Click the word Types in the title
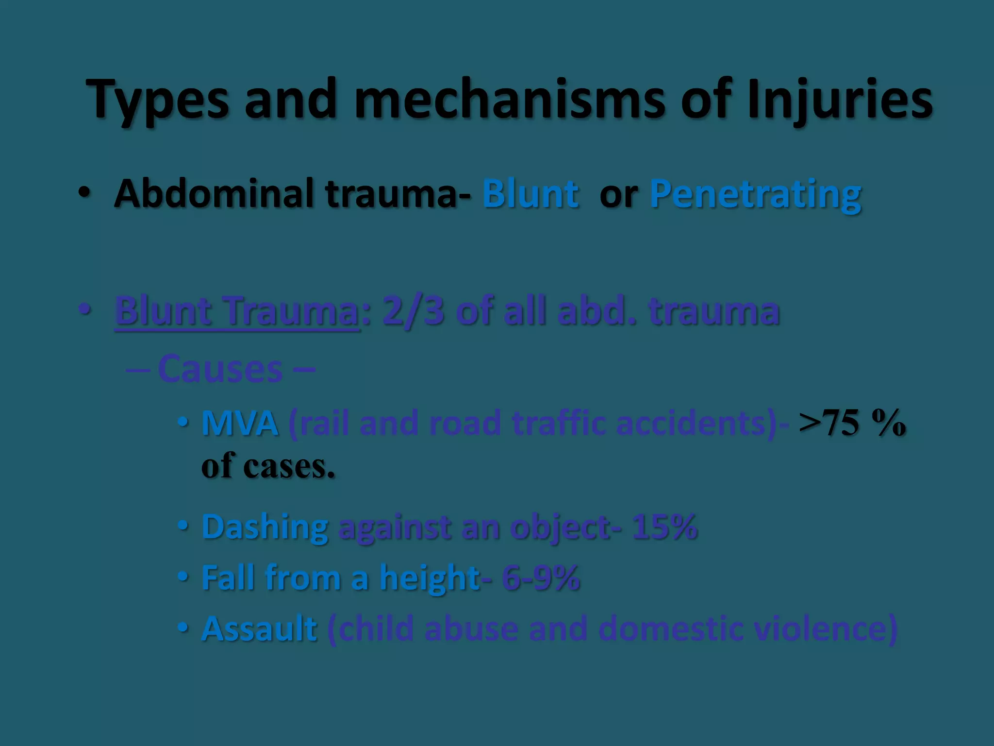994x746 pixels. click(157, 100)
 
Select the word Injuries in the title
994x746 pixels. click(840, 100)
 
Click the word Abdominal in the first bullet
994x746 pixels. click(214, 193)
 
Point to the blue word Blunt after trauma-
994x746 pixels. click(530, 193)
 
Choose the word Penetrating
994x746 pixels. click(755, 193)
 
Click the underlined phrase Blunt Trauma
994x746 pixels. click(237, 311)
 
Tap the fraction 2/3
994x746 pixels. click(413, 311)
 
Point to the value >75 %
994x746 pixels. click(852, 423)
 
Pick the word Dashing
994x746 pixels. click(265, 527)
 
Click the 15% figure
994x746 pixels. click(664, 527)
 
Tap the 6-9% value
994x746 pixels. click(541, 578)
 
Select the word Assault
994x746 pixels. click(259, 629)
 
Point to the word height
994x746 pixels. click(430, 578)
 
